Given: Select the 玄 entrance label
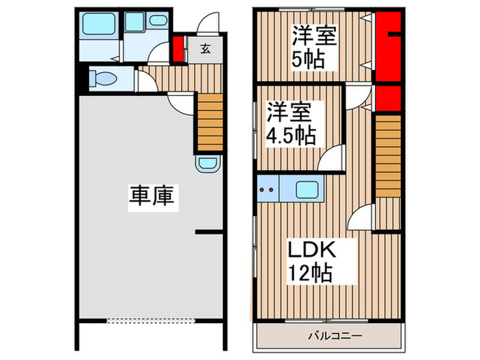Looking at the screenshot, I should click(205, 49).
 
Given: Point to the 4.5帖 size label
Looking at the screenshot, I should click(291, 134).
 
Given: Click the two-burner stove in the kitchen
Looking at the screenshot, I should click(269, 189).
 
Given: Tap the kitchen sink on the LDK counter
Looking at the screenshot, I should click(306, 189).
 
